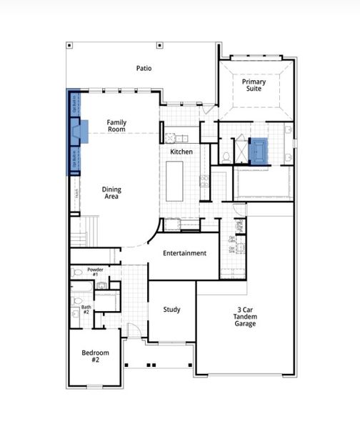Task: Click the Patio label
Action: [144, 69]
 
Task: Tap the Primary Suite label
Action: [254, 86]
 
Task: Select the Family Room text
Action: [116, 126]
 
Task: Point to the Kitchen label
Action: [181, 152]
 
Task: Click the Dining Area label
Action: [111, 193]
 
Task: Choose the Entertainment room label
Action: [184, 253]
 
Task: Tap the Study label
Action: [171, 310]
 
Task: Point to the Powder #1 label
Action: [96, 272]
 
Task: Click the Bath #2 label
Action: [86, 310]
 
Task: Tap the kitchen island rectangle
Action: [174, 180]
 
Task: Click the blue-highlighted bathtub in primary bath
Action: [258, 151]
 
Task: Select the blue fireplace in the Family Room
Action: [81, 131]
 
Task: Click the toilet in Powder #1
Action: [78, 272]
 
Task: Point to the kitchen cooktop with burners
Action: [204, 180]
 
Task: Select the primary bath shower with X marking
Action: [240, 150]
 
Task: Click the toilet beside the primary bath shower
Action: [226, 156]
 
